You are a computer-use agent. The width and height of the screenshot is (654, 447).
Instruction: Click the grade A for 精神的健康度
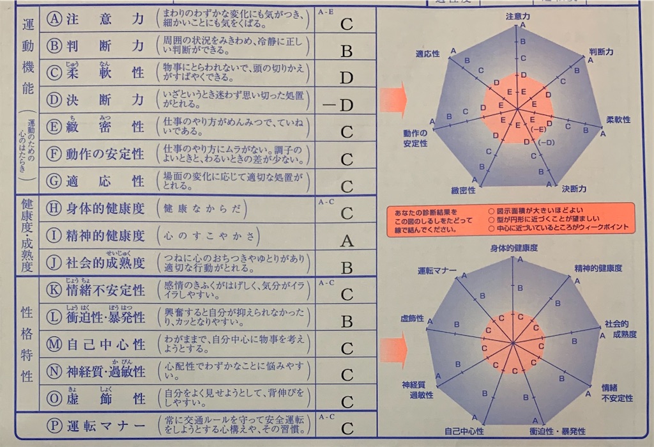pyautogui.click(x=347, y=241)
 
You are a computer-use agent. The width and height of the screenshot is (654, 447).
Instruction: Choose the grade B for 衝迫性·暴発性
pyautogui.click(x=347, y=322)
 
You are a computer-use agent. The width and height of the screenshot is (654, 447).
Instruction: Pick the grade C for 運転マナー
pyautogui.click(x=347, y=428)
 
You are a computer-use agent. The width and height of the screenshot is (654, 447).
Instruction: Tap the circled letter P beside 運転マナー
pyautogui.click(x=54, y=427)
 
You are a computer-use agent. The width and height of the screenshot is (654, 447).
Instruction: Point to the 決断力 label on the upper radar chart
pyautogui.click(x=574, y=189)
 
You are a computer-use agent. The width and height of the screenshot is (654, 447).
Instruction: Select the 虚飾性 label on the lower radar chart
pyautogui.click(x=412, y=318)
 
